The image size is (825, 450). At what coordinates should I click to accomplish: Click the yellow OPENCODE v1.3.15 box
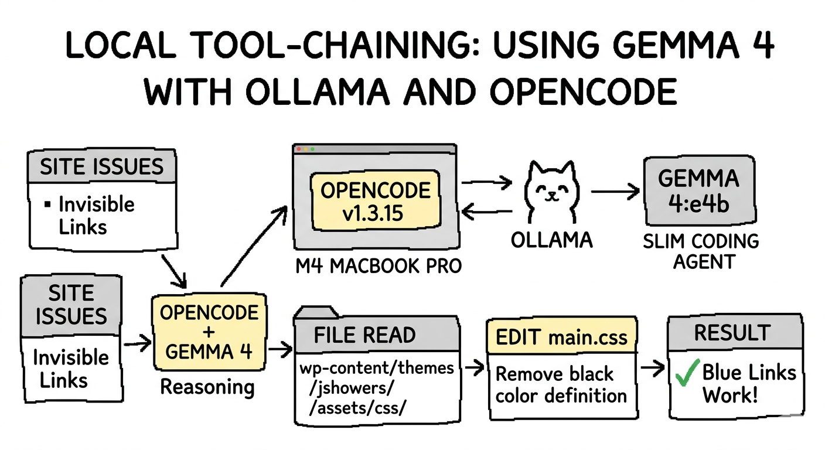coord(375,201)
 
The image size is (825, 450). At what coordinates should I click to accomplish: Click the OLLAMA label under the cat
coord(551,240)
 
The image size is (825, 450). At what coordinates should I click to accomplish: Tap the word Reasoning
coord(207,387)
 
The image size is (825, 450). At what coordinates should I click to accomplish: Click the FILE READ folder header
coord(364,335)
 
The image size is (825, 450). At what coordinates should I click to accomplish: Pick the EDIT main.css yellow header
coord(562,337)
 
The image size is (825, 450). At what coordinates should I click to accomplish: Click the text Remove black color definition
coord(561,384)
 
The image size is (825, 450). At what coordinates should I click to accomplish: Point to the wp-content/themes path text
coord(377,367)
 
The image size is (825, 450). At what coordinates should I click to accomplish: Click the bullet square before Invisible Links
coord(47,205)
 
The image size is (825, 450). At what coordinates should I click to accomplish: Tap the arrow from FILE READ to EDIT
coord(473,368)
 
